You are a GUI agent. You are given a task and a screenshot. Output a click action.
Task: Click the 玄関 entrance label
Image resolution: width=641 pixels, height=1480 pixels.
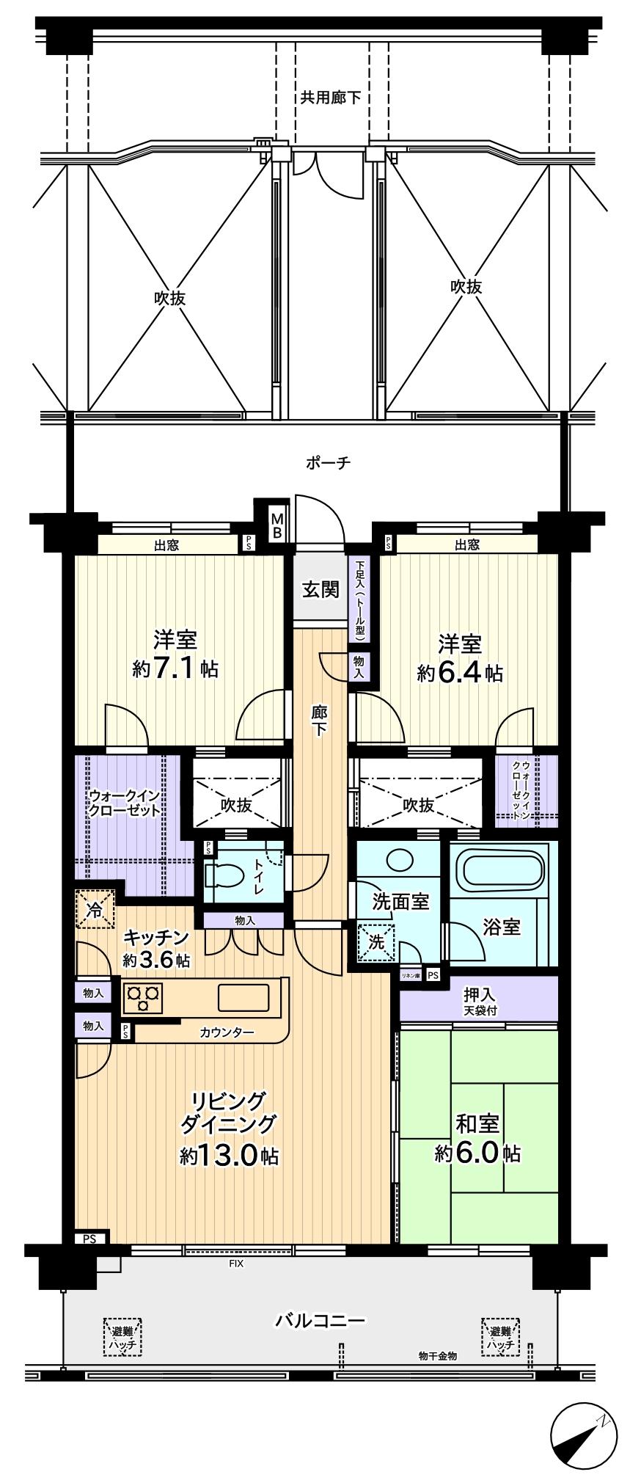pyautogui.click(x=321, y=588)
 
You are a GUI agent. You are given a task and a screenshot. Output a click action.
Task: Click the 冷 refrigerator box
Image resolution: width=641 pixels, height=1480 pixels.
pyautogui.click(x=95, y=910)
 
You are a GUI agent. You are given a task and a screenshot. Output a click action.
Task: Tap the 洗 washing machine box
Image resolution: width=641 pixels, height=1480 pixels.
pyautogui.click(x=376, y=942)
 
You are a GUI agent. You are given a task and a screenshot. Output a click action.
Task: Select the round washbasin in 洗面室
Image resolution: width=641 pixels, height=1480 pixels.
pyautogui.click(x=400, y=859)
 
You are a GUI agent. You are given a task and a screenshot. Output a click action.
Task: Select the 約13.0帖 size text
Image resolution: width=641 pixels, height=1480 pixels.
pyautogui.click(x=229, y=1156)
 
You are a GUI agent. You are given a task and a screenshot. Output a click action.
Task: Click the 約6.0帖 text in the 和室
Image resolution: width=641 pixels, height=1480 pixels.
pyautogui.click(x=477, y=1153)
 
